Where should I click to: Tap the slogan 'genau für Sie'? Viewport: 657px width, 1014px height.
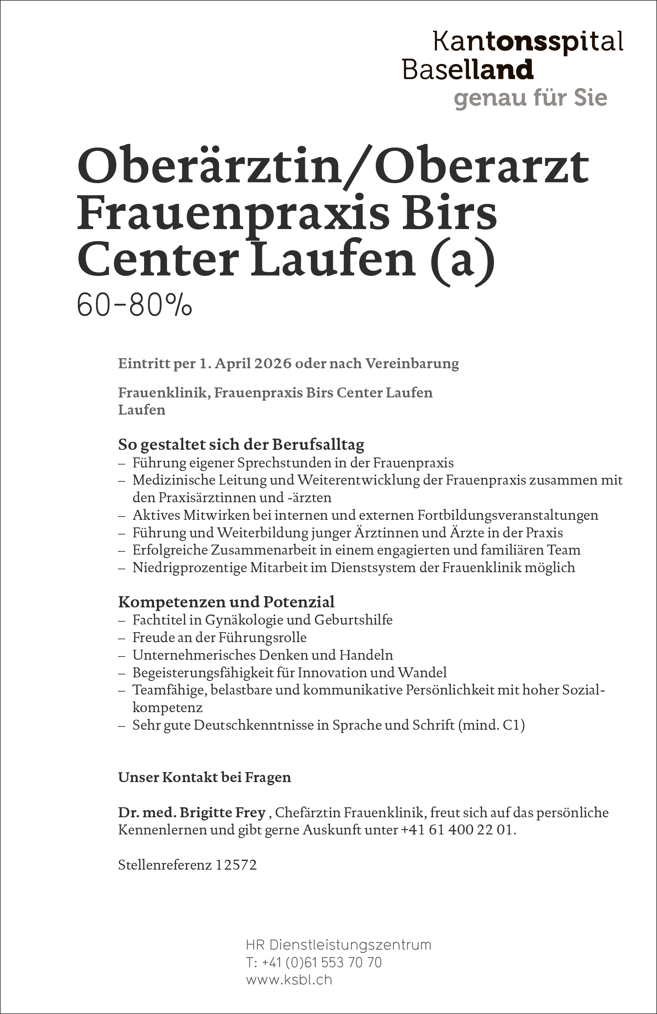[530, 98]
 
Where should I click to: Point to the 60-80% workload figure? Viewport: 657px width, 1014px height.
[134, 306]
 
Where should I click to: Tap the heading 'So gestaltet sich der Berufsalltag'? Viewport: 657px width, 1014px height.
[241, 444]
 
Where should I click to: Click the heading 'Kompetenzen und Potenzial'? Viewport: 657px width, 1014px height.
[226, 602]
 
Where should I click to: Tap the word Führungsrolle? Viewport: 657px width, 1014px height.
[262, 637]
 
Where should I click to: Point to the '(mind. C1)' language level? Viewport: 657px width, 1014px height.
[491, 725]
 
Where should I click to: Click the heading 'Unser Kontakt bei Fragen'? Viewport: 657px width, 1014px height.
[204, 777]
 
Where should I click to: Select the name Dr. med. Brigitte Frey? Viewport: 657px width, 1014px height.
[192, 812]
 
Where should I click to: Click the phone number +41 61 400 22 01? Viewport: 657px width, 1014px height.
[457, 830]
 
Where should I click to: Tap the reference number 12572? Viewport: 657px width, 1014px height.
[236, 865]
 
